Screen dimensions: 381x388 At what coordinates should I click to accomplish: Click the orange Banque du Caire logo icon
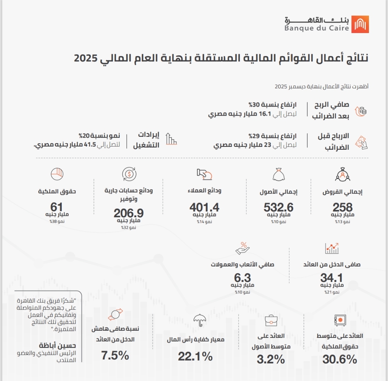click(360, 24)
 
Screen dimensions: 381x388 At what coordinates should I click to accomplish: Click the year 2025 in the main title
click(86, 59)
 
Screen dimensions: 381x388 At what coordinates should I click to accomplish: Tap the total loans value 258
click(342, 208)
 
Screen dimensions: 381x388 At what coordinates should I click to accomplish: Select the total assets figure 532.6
click(278, 208)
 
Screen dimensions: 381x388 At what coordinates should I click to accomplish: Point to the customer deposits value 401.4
click(204, 208)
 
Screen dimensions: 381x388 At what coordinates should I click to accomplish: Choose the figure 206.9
click(129, 213)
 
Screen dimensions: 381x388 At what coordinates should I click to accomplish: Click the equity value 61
click(57, 207)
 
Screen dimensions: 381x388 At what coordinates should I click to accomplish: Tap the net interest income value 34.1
click(332, 278)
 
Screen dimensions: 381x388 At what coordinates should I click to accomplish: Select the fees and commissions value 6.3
click(242, 278)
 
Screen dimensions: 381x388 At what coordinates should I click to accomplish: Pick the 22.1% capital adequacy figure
click(195, 357)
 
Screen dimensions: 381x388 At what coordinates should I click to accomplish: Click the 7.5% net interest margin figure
click(115, 356)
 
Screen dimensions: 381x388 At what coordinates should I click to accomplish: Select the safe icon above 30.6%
click(339, 320)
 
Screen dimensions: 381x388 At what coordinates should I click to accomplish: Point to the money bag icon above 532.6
click(278, 175)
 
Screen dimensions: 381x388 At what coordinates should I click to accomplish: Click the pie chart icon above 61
click(57, 174)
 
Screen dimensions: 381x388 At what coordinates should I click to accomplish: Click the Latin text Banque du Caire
click(317, 28)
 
